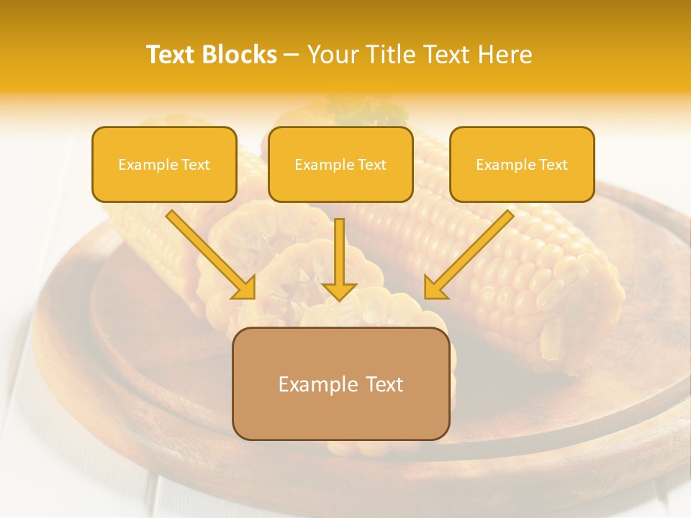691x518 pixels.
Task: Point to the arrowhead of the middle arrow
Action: point(339,291)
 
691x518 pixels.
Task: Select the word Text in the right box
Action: point(553,165)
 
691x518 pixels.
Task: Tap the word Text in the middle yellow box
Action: point(371,165)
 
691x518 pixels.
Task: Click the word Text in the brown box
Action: point(385,384)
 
